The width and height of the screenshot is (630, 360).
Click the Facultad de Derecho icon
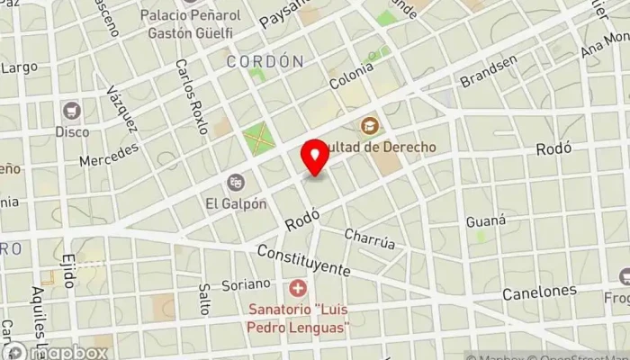point(368,126)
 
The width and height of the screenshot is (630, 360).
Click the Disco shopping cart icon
point(72,112)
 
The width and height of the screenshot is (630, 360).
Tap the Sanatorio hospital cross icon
point(298,289)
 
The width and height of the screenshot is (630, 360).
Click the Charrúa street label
point(370,239)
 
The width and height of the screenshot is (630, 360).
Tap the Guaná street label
point(486,220)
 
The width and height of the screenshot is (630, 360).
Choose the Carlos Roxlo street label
point(192,96)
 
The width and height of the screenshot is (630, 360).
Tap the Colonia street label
point(351,73)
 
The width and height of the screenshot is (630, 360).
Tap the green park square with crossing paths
point(257,139)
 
